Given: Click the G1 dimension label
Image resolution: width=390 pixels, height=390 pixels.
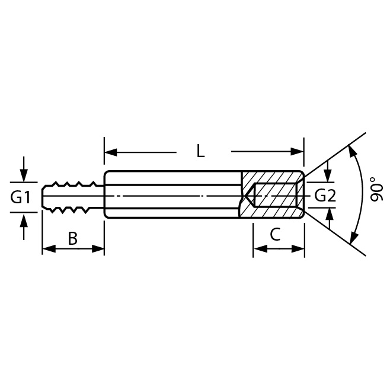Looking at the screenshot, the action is [x=20, y=197].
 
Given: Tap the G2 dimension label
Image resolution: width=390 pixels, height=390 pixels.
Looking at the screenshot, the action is [x=325, y=195].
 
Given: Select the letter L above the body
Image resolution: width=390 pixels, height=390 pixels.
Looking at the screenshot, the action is [x=200, y=151].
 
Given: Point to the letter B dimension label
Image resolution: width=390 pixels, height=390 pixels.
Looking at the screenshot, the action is [x=73, y=238].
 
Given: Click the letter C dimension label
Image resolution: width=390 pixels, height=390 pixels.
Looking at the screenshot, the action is [x=275, y=234].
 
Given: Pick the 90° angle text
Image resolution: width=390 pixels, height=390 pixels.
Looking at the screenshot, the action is [x=376, y=189].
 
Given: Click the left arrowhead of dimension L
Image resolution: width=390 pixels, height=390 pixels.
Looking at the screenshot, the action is [x=111, y=152].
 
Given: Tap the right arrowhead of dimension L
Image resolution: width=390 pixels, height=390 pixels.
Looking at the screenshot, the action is [x=297, y=151].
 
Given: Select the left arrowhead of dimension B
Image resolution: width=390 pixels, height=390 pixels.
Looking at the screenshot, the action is [x=49, y=248].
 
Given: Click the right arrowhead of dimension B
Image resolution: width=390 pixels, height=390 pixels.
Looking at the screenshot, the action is [x=98, y=248].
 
